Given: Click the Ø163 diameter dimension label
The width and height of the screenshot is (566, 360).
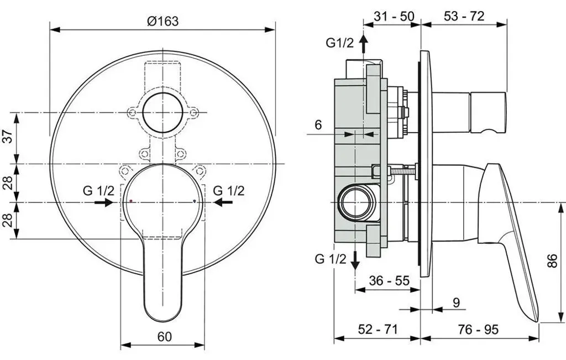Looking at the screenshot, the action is tap(163, 21).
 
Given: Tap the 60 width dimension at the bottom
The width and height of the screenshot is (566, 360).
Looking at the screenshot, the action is tap(165, 337).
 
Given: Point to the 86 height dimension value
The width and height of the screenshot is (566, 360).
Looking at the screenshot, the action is tap(553, 260).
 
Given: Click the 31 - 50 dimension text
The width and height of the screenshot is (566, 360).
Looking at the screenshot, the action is tap(394, 16).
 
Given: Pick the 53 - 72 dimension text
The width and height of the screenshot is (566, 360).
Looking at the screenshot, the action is tap(464, 16).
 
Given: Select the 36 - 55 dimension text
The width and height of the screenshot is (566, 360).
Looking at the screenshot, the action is tap(389, 280).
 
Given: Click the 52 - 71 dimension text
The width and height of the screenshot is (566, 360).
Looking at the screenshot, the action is tap(378, 329).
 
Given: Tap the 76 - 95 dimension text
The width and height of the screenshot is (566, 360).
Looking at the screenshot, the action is tap(478, 329).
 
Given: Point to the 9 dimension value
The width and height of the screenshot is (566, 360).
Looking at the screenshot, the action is tap(456, 302).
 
